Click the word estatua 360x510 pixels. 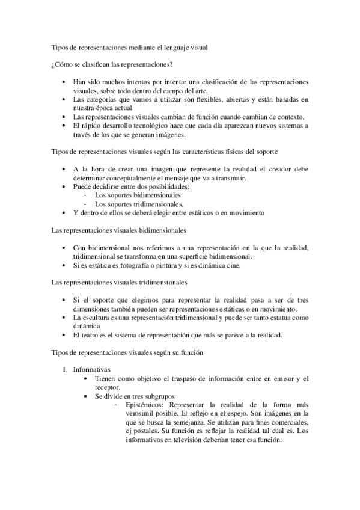[278, 317]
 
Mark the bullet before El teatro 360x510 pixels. [64, 335]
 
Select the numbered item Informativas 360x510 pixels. [92, 369]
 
